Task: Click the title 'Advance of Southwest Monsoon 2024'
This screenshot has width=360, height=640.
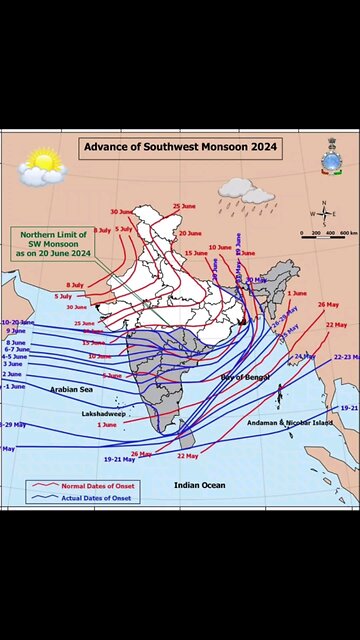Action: (x=180, y=147)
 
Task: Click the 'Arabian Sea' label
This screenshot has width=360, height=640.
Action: (x=72, y=388)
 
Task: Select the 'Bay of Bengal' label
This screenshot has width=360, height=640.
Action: (x=246, y=376)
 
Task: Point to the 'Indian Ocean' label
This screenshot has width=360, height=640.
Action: (x=200, y=485)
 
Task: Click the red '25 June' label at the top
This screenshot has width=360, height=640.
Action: (x=183, y=206)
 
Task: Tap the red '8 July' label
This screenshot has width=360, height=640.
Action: (x=75, y=285)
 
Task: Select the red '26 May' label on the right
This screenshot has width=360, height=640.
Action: (x=328, y=304)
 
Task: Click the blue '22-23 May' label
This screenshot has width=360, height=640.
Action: (x=345, y=357)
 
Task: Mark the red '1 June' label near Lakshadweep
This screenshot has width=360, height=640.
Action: (x=106, y=425)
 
